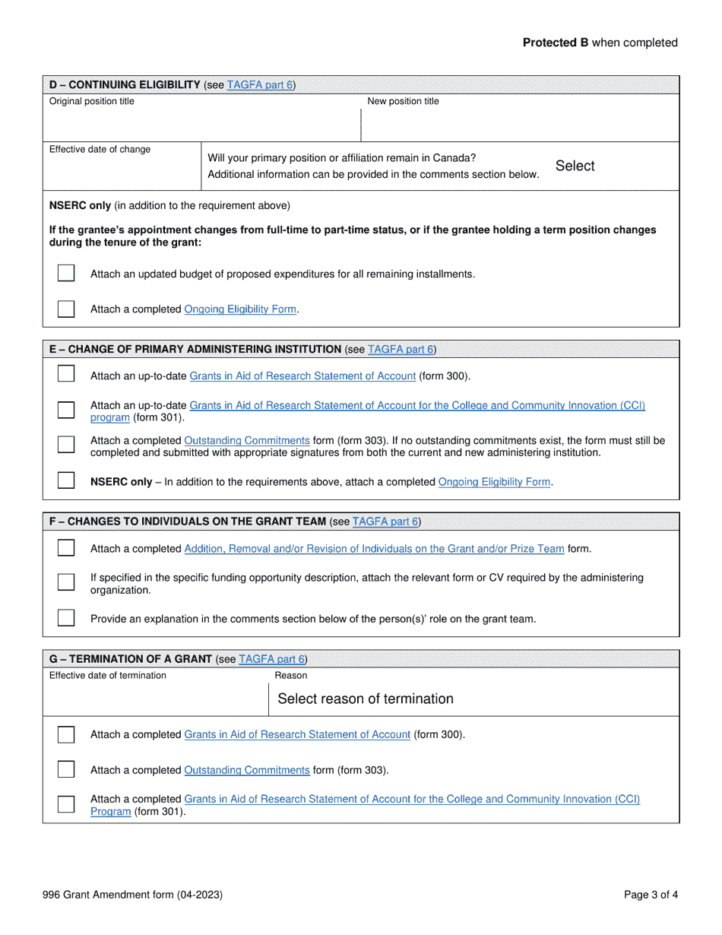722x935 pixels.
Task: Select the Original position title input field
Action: [201, 124]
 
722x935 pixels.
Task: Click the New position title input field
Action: [520, 124]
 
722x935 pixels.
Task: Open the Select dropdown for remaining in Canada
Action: [575, 166]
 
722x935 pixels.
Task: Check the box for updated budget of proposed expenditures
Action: [66, 273]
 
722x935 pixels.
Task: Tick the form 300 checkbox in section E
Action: [66, 375]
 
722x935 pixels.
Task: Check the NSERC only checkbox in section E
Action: [66, 481]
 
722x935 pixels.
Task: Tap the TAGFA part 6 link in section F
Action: [386, 521]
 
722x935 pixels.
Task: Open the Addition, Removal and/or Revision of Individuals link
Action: [375, 549]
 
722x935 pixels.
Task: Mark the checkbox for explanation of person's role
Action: [66, 618]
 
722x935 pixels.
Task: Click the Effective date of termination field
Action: [156, 699]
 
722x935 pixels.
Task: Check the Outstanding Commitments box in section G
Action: [66, 769]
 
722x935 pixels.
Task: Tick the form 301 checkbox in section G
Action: [66, 804]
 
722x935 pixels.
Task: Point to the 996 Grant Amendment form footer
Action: [133, 895]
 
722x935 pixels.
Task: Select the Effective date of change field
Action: [122, 171]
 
